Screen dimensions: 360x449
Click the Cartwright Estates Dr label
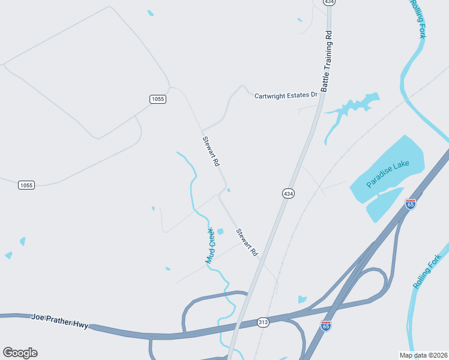point(285,95)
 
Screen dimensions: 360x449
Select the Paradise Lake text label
point(387,175)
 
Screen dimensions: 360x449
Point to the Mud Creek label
point(210,245)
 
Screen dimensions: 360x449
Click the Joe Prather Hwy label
point(59,321)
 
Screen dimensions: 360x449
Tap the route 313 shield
point(264,322)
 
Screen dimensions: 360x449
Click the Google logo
point(20,353)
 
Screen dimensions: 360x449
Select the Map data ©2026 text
point(423,355)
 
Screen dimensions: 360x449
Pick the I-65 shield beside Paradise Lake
point(411,204)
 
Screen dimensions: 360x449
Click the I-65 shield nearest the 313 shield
point(326,325)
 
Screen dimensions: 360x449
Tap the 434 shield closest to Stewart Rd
point(288,193)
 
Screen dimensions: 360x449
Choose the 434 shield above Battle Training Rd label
point(328,2)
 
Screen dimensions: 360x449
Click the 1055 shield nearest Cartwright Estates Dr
point(158,99)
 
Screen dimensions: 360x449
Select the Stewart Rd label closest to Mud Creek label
point(247,243)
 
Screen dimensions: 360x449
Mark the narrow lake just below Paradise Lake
point(384,205)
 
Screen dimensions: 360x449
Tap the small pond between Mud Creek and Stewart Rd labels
point(220,232)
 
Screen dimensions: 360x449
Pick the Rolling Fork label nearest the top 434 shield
point(419,19)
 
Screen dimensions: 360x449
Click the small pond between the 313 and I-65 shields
point(302,299)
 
